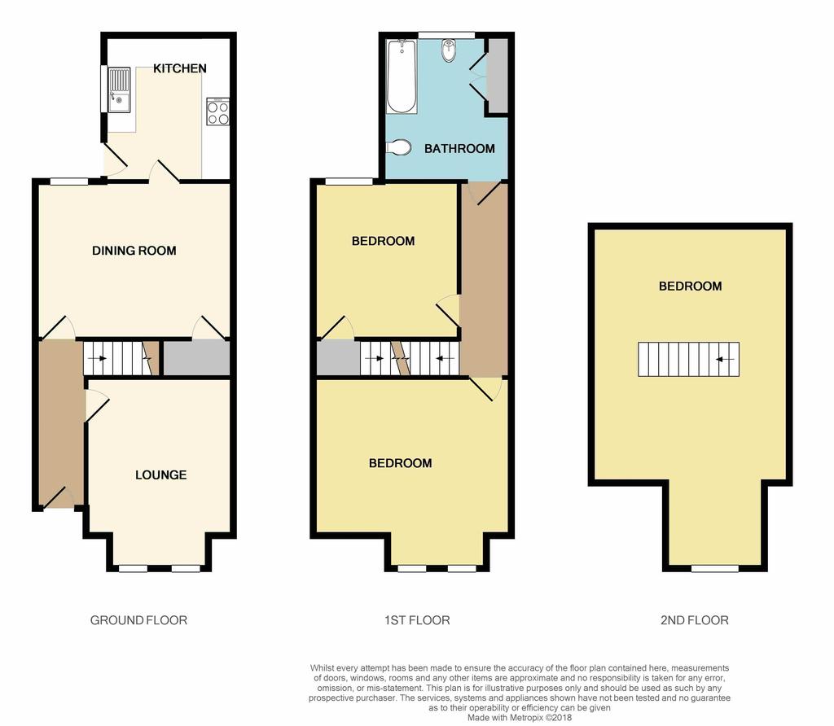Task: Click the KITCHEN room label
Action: pos(180,68)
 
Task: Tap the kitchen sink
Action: pos(119,90)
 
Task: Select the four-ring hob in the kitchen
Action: pos(218,112)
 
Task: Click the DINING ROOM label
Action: pos(134,251)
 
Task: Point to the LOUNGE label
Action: pos(160,475)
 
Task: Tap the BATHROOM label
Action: pos(459,149)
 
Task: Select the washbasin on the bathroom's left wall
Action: pos(397,148)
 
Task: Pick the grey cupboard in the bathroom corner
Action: pos(497,74)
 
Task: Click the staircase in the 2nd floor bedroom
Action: pos(688,359)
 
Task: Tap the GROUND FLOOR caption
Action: pos(138,620)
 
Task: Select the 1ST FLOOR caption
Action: pos(417,620)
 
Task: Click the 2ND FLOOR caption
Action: pos(694,620)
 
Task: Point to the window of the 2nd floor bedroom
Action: pos(715,568)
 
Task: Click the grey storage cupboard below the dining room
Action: pos(196,358)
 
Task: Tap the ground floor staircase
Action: pos(119,358)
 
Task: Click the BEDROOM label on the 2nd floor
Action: pos(690,286)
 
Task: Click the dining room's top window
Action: pos(69,181)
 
